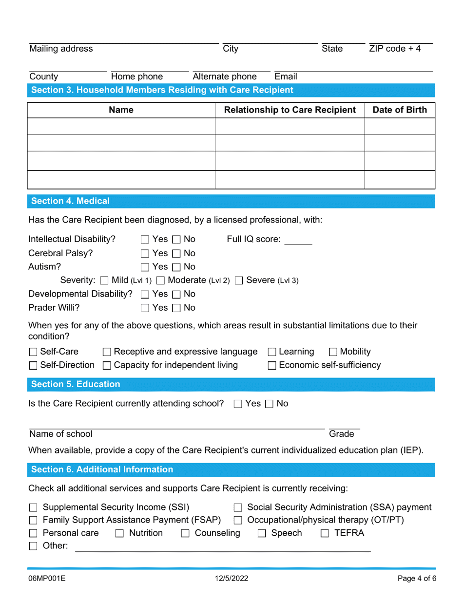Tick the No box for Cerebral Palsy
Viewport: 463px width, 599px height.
point(176,253)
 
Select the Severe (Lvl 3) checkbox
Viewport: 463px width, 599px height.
point(239,281)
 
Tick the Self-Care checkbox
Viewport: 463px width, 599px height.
point(33,352)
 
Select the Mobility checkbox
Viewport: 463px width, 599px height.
point(333,352)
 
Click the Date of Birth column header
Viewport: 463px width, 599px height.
point(400,110)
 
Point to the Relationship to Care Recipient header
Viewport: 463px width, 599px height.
point(290,110)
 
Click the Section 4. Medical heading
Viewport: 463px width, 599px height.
point(71,201)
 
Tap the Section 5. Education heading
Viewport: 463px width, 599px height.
point(76,384)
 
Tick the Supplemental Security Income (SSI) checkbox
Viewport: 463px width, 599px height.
point(33,507)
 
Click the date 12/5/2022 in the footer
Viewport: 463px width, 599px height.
point(231,580)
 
